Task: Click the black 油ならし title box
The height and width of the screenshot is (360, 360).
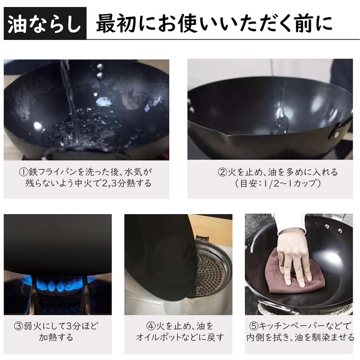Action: [x=45, y=23]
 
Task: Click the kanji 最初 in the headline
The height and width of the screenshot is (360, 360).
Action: [x=116, y=23]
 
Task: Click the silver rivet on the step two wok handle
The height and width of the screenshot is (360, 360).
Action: [x=336, y=134]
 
